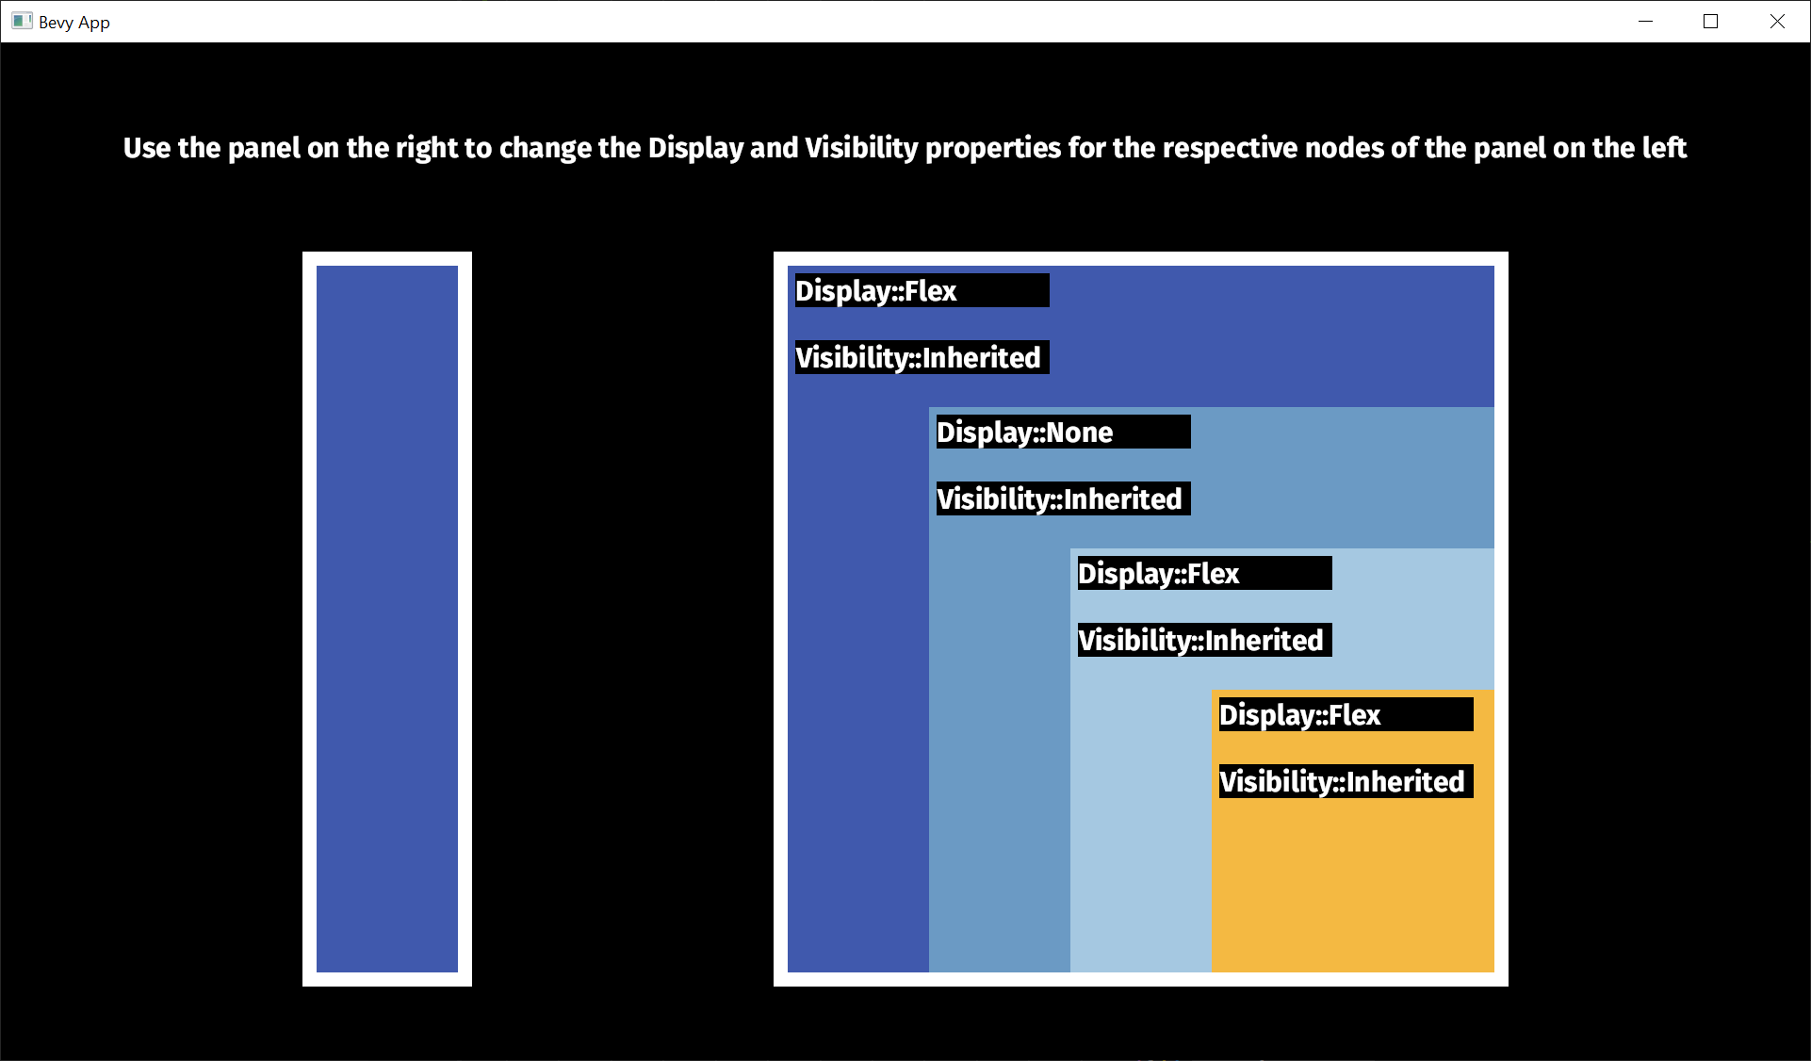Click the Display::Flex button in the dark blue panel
pyautogui.click(x=922, y=290)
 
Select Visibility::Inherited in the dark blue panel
pyautogui.click(x=922, y=357)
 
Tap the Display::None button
pyautogui.click(x=1063, y=432)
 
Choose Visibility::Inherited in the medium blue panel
pyautogui.click(x=1063, y=498)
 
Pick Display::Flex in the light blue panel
pyautogui.click(x=1204, y=573)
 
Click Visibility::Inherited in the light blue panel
pyautogui.click(x=1204, y=640)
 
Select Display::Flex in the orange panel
pyautogui.click(x=1346, y=714)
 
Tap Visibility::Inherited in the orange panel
pyautogui.click(x=1346, y=781)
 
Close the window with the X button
pyautogui.click(x=1777, y=22)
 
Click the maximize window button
pyautogui.click(x=1711, y=22)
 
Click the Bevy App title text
pyautogui.click(x=74, y=23)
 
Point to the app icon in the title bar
pyautogui.click(x=22, y=22)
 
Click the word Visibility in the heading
pyautogui.click(x=861, y=148)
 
